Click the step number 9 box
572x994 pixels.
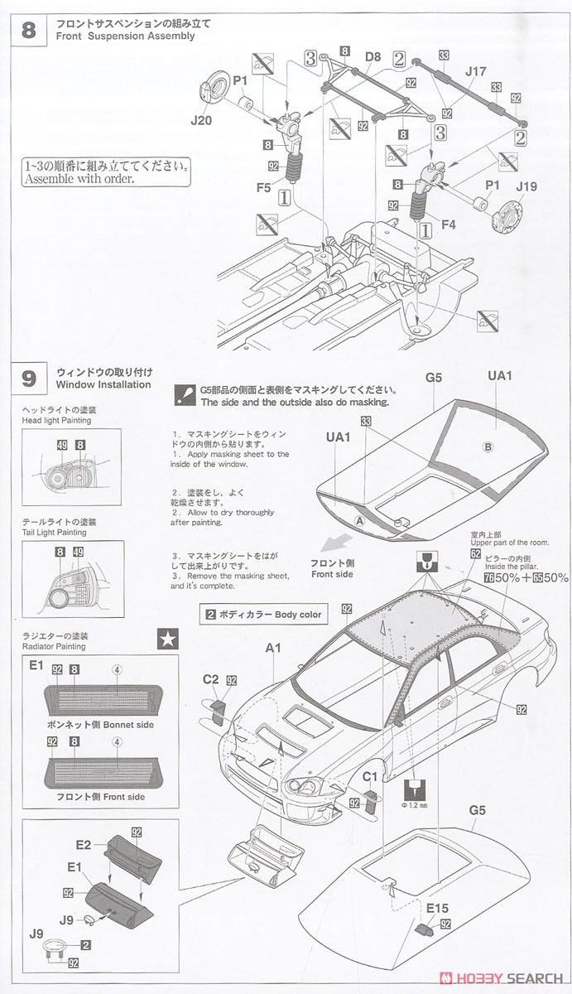point(28,379)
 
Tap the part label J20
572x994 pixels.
point(201,120)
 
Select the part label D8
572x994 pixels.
point(373,57)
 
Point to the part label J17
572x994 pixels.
point(475,71)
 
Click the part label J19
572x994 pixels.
point(526,187)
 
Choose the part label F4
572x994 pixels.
point(449,223)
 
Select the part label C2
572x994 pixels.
point(211,680)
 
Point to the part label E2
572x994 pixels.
point(83,845)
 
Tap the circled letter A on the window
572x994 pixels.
point(359,521)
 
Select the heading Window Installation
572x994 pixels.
point(103,384)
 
